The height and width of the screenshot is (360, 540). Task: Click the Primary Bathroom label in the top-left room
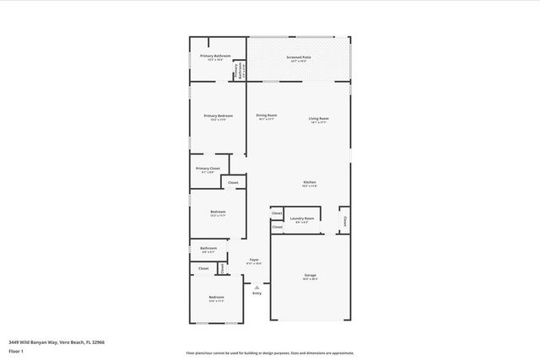point(216,56)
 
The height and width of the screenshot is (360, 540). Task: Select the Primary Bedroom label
point(218,116)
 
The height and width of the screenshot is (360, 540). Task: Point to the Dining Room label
point(267,116)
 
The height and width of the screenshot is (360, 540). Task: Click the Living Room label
point(318,119)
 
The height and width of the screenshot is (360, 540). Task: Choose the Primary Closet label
point(208,169)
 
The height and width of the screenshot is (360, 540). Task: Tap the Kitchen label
point(310,183)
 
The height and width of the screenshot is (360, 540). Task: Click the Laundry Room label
point(302,218)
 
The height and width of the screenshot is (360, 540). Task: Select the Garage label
point(310,275)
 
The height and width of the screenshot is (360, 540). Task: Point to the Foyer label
point(253,260)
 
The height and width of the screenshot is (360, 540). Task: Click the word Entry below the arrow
point(256,293)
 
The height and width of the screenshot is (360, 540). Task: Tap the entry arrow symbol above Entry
point(256,287)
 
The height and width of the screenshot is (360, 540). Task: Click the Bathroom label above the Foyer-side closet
point(208,248)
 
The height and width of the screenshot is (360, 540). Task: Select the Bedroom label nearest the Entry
point(217,298)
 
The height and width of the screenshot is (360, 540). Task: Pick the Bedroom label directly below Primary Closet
point(218,212)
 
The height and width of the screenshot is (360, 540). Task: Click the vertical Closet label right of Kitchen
point(345,222)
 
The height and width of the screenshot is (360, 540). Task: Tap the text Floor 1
point(16,350)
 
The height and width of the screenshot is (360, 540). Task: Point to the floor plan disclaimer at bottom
point(269,353)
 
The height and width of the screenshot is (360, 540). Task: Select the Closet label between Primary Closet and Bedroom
point(233,182)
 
